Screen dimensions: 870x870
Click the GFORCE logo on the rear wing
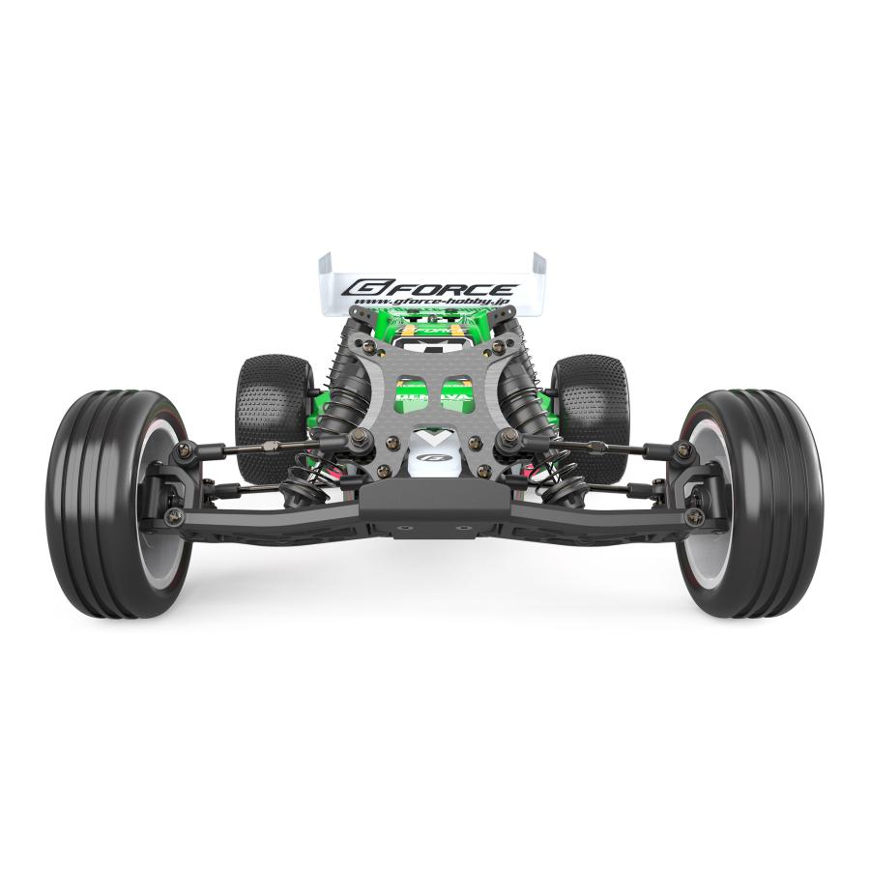pyautogui.click(x=432, y=288)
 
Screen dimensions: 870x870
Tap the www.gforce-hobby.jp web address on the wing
pyautogui.click(x=432, y=303)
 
